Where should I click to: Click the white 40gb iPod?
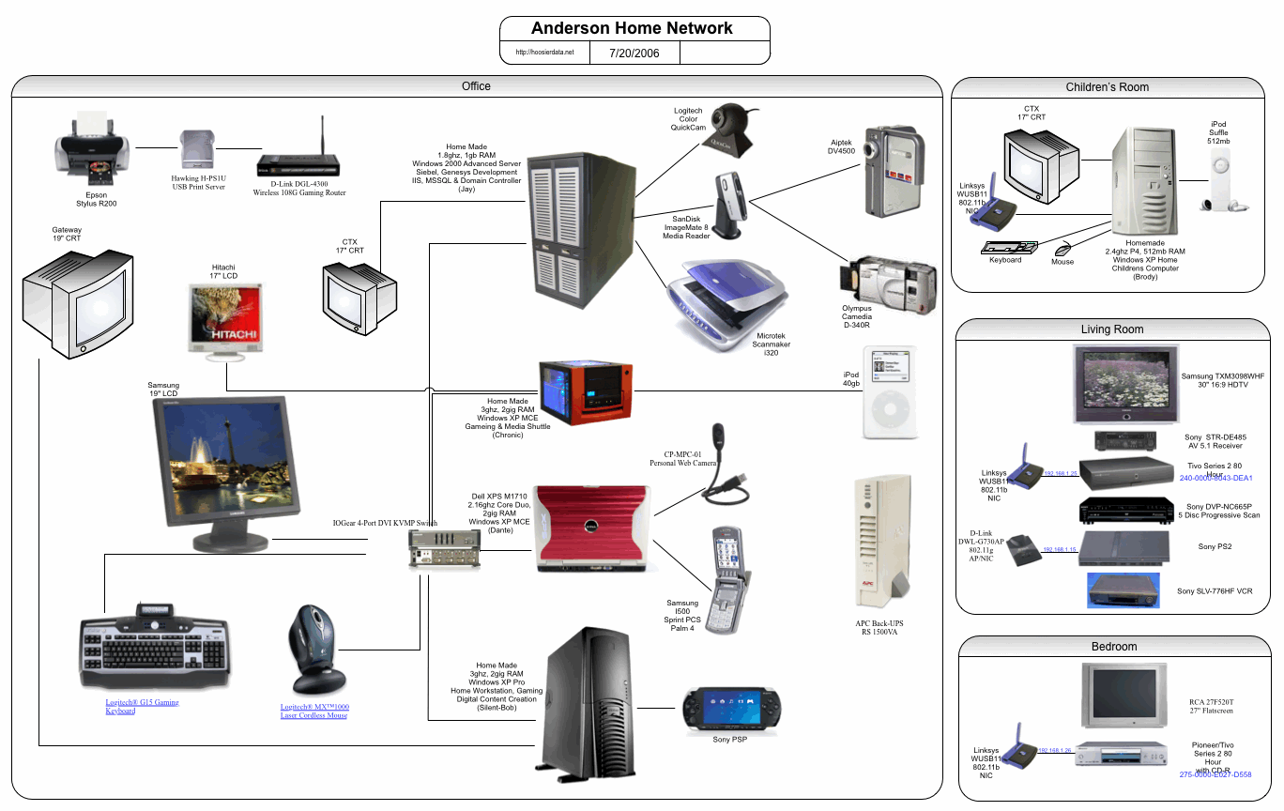click(887, 393)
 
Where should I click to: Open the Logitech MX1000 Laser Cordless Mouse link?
click(313, 711)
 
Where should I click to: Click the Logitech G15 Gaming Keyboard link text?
click(142, 706)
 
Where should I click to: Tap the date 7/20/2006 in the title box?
click(634, 53)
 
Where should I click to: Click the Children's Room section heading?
click(1107, 87)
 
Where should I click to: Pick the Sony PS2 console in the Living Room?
click(1123, 548)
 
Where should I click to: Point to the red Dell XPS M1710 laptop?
click(592, 528)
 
